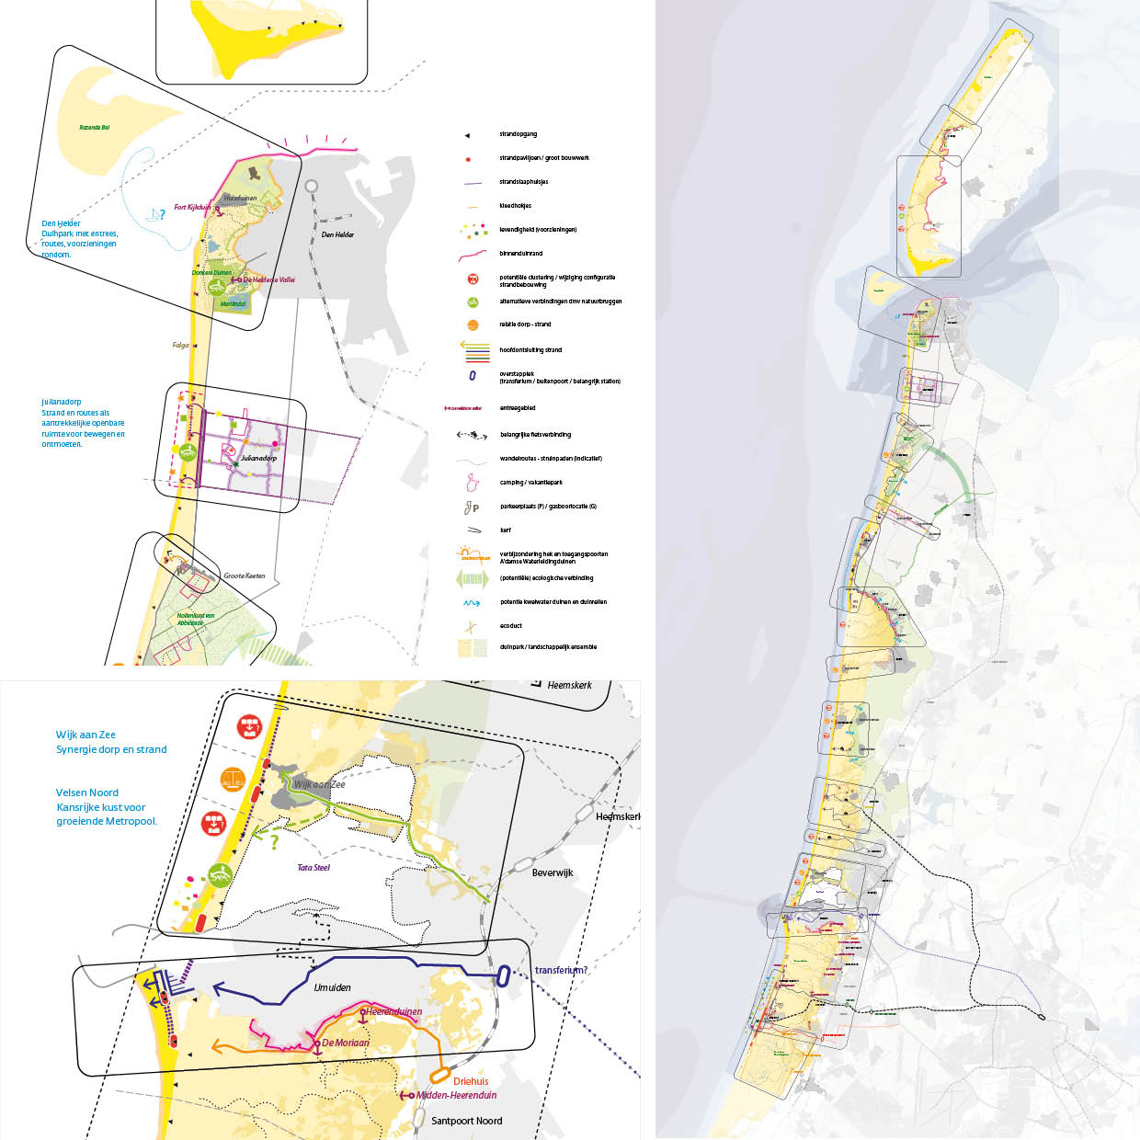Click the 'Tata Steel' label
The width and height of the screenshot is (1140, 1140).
(313, 867)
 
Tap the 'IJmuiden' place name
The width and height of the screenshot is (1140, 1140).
(332, 987)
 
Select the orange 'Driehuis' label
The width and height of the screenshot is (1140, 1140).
(471, 1081)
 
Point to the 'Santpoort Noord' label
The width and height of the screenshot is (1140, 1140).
(466, 1121)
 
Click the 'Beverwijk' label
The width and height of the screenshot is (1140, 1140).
(553, 872)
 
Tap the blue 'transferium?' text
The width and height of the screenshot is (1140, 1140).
(561, 970)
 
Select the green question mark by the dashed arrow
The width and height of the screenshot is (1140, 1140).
(273, 840)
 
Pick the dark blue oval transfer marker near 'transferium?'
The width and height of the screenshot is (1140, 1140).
(503, 976)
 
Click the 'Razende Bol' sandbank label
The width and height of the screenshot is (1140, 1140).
(95, 128)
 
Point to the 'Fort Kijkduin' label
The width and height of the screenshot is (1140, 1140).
(192, 207)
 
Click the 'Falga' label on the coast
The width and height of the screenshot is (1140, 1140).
(180, 346)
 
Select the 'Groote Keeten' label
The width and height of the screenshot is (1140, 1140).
(244, 576)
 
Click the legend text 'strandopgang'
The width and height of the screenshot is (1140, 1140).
(518, 134)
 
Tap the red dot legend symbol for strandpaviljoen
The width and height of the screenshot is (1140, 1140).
(469, 159)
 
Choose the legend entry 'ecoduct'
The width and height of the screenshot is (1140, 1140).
(510, 626)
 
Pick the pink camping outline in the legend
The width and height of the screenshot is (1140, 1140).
(472, 482)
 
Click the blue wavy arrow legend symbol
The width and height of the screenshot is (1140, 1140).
(472, 603)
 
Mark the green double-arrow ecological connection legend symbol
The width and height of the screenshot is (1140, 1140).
(472, 579)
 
